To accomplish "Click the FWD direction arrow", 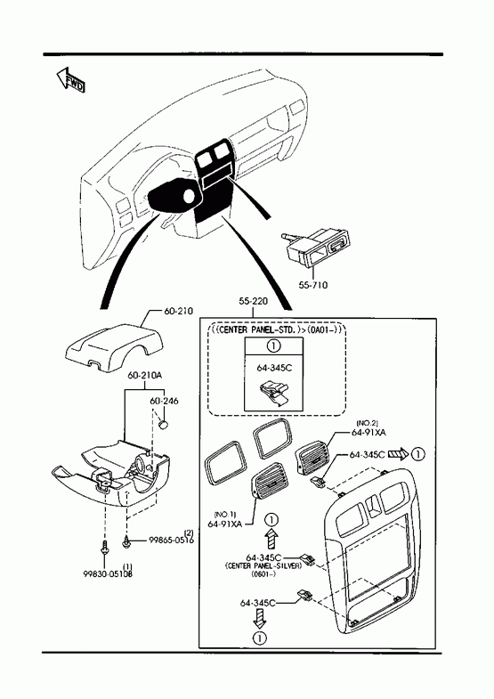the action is click(x=70, y=80).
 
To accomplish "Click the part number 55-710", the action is click(x=312, y=285).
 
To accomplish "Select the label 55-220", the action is click(x=253, y=301).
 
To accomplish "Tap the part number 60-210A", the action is click(x=144, y=376).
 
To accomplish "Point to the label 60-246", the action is click(x=164, y=401).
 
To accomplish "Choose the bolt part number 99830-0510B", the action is click(x=108, y=573).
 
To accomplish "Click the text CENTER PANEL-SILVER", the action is click(x=263, y=565).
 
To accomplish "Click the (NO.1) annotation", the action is click(x=225, y=514).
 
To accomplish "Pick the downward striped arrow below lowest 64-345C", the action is click(x=259, y=619).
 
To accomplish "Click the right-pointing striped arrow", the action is click(x=398, y=454).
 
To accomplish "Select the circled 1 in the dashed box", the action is click(x=273, y=345).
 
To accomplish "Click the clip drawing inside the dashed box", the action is click(x=274, y=392).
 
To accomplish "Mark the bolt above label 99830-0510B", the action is click(x=105, y=549).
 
